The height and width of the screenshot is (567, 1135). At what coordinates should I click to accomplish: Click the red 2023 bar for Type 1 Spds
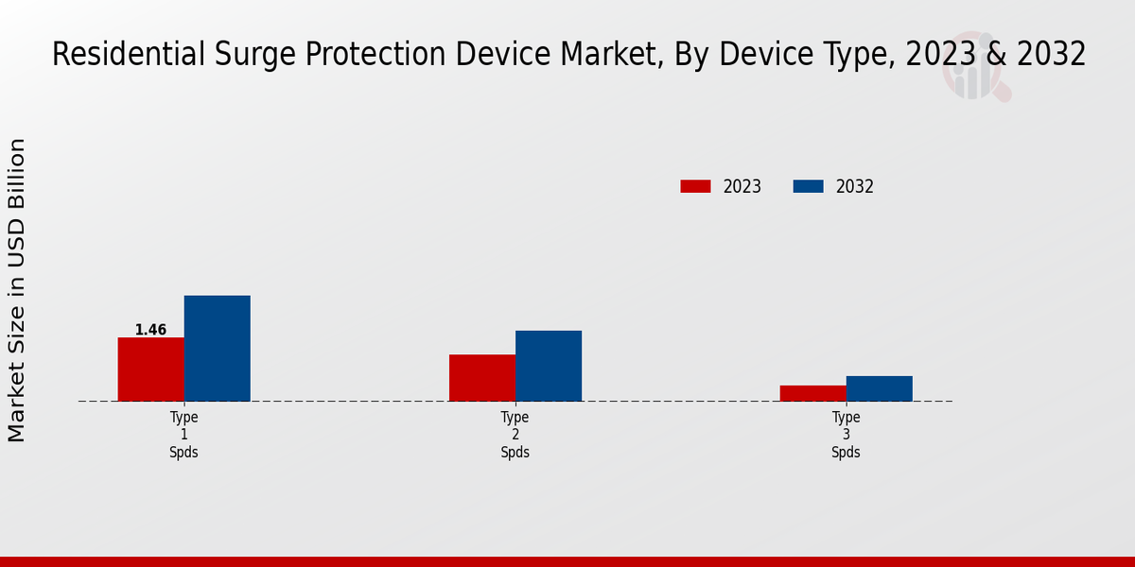click(x=151, y=369)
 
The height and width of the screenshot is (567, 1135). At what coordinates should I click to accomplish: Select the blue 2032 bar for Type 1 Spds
click(x=218, y=349)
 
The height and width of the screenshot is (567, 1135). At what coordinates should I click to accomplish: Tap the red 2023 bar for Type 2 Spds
click(x=482, y=378)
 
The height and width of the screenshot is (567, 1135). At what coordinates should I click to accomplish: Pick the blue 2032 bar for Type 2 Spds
click(x=549, y=366)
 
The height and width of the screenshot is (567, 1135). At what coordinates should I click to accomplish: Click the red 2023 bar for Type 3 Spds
click(x=813, y=393)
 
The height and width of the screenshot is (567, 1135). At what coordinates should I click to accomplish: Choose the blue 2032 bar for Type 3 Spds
click(x=880, y=388)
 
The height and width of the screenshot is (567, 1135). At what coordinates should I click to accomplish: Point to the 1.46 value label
click(x=150, y=330)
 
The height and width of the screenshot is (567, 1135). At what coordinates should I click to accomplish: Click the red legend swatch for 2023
click(x=695, y=186)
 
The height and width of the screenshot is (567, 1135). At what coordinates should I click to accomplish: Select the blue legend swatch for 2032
click(x=808, y=186)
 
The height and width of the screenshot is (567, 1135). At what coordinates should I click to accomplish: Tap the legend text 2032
click(x=855, y=186)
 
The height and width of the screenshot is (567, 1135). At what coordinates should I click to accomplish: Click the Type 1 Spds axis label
click(x=184, y=435)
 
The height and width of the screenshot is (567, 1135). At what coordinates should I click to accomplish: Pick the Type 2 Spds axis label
click(x=515, y=435)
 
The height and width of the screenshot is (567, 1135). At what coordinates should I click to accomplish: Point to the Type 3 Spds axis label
click(x=847, y=435)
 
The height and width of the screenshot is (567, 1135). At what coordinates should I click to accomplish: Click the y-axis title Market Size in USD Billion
click(x=17, y=290)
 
